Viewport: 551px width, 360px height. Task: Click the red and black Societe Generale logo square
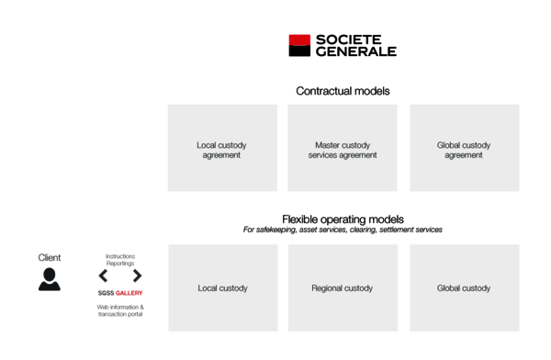click(299, 46)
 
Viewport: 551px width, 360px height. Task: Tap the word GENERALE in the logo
click(355, 52)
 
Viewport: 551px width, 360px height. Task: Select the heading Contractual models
click(343, 92)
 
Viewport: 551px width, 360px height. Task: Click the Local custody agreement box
click(222, 148)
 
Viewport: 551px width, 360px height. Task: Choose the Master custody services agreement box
click(343, 148)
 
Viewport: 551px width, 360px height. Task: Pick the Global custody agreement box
click(464, 148)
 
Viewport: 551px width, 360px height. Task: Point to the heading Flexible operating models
click(343, 219)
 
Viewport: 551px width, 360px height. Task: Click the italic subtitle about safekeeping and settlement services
click(343, 230)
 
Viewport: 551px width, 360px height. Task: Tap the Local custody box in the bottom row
click(222, 288)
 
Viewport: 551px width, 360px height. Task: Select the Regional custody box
click(343, 288)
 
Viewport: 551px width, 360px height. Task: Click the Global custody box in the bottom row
click(464, 288)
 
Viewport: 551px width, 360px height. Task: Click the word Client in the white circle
click(50, 258)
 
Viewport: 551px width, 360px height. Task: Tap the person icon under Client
click(50, 280)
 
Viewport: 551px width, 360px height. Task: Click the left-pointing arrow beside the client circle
click(103, 276)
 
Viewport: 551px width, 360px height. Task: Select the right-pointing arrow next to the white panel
click(137, 276)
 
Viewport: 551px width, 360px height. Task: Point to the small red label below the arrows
click(129, 294)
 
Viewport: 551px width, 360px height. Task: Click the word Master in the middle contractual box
click(328, 145)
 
